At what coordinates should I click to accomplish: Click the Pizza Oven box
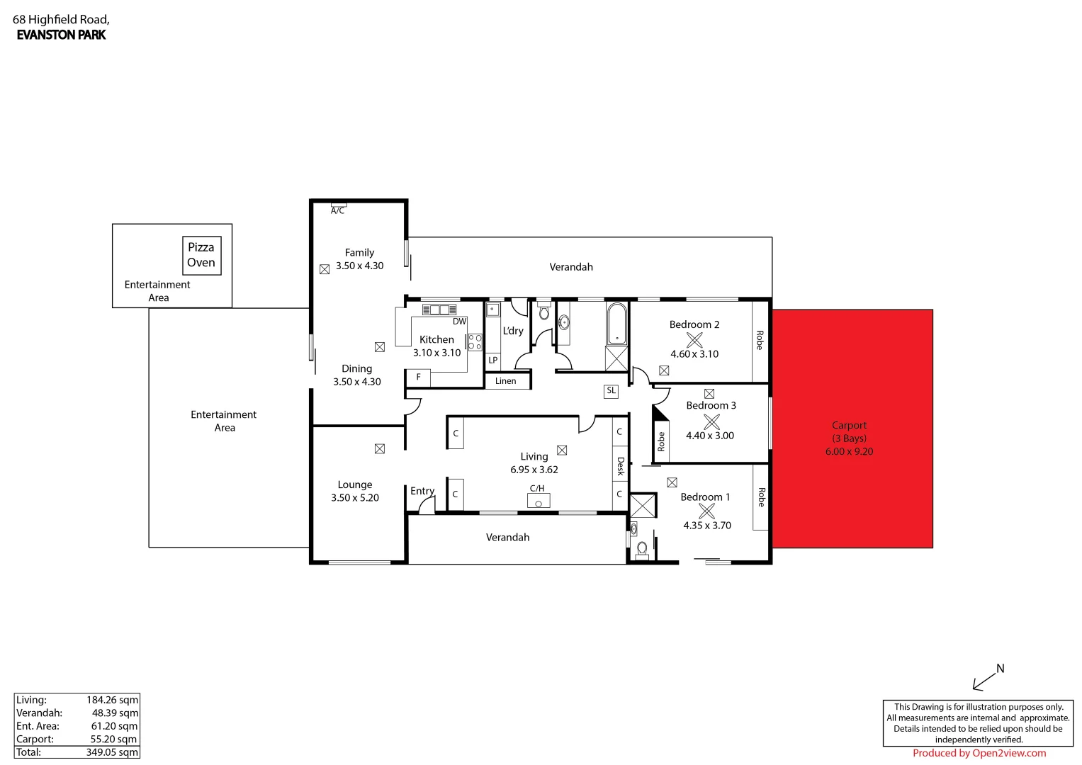[x=201, y=255]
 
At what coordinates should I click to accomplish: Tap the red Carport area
[x=852, y=429]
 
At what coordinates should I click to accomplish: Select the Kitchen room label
[x=436, y=339]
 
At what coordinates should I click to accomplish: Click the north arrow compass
[x=988, y=678]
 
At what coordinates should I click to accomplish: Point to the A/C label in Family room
[x=338, y=210]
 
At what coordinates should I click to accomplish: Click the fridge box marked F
[x=418, y=377]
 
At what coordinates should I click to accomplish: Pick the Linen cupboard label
[x=506, y=381]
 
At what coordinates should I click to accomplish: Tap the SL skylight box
[x=611, y=390]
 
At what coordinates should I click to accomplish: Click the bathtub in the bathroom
[x=617, y=324]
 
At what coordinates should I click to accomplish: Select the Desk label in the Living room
[x=620, y=466]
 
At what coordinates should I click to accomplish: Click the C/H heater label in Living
[x=537, y=488]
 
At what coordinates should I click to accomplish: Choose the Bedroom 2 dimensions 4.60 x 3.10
[x=694, y=354]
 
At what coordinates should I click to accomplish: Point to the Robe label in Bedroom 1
[x=761, y=497]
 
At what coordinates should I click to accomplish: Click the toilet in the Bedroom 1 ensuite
[x=642, y=549]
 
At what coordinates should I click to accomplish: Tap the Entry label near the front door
[x=422, y=491]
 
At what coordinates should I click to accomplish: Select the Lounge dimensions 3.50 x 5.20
[x=355, y=498]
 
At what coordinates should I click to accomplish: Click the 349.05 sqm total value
[x=112, y=752]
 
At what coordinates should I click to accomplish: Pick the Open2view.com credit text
[x=979, y=753]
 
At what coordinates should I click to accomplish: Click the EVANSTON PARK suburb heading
[x=61, y=35]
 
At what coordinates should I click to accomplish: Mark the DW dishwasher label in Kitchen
[x=459, y=322]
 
